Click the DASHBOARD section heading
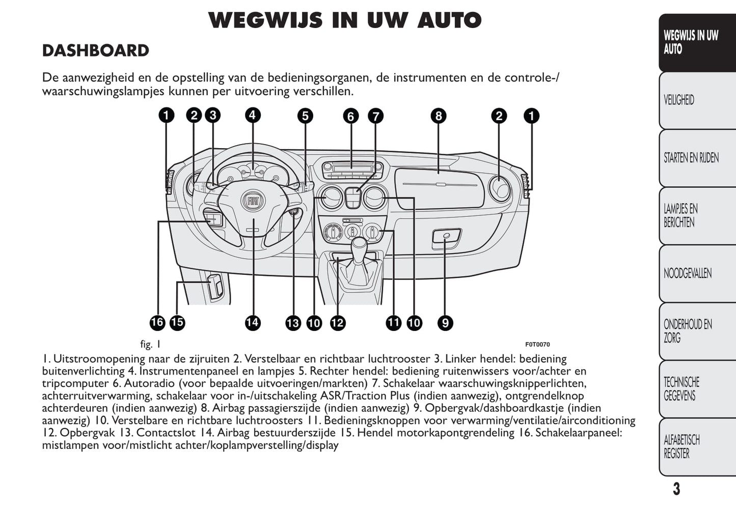coord(95,51)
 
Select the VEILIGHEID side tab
coord(679,100)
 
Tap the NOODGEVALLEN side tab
coord(687,273)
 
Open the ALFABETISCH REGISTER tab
coord(682,446)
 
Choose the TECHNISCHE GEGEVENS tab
coord(682,389)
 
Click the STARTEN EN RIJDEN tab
coord(691,158)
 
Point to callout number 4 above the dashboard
coord(253,115)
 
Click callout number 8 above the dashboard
coord(438,116)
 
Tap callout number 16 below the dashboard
coord(157,322)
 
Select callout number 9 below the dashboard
coord(445,323)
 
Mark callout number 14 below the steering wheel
coord(253,322)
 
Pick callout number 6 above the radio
coord(350,117)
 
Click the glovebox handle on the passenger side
coord(446,236)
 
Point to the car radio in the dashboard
coord(351,168)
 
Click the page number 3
coord(676,489)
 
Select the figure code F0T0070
coord(537,345)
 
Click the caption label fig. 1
coord(150,345)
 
